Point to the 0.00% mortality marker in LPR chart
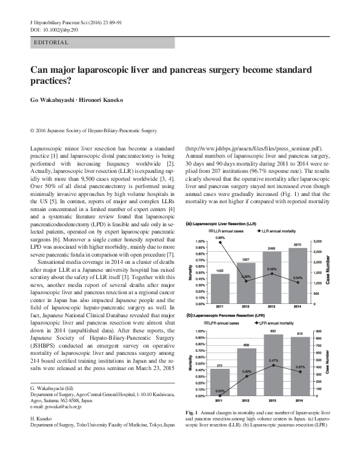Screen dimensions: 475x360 [221, 396]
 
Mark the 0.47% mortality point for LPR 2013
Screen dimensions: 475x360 [273, 365]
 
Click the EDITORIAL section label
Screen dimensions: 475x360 [52, 43]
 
